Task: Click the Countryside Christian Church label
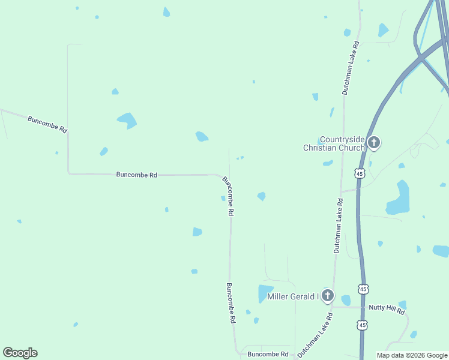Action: pos(334,143)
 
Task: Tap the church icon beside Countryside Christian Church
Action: pos(374,143)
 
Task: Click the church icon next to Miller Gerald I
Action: pos(327,295)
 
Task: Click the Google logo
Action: pos(20,353)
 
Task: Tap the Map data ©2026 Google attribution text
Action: pos(412,355)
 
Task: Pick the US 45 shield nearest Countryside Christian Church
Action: pos(359,173)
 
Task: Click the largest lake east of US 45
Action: pos(399,199)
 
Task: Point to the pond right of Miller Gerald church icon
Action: pos(346,300)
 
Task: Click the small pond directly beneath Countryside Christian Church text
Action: pos(328,163)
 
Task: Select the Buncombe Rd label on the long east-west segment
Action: pos(136,175)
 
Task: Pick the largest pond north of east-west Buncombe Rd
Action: pos(127,120)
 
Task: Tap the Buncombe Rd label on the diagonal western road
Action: pos(47,124)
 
